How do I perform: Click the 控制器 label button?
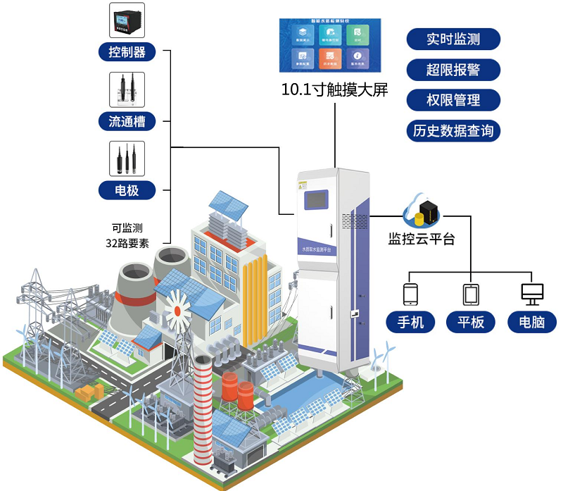click(x=127, y=51)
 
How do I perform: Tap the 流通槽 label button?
click(x=127, y=120)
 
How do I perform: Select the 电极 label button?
click(x=127, y=189)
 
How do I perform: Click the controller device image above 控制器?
click(x=127, y=20)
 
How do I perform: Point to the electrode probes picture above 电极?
click(x=127, y=159)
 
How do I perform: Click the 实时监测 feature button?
click(x=453, y=39)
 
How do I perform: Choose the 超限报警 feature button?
click(x=453, y=70)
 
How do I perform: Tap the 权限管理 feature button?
click(x=453, y=100)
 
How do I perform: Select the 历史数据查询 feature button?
click(x=453, y=131)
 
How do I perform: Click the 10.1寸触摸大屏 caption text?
click(x=334, y=90)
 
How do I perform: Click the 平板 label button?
click(x=471, y=323)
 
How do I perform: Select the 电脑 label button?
click(x=531, y=323)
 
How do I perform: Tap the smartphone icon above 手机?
click(x=410, y=294)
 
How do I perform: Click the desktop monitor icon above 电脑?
click(x=531, y=294)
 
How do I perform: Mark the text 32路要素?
click(x=127, y=244)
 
